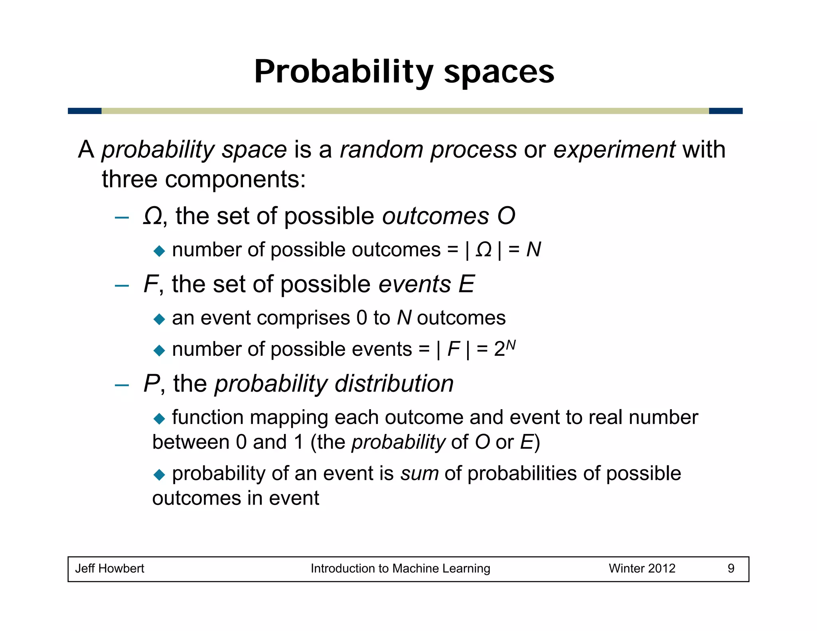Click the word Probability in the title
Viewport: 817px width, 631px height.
[343, 72]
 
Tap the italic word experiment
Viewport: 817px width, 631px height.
[614, 150]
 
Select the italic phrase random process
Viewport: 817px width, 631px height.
[428, 150]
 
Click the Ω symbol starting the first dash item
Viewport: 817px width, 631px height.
[152, 216]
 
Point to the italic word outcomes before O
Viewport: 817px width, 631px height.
[435, 216]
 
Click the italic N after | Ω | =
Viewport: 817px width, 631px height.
[533, 250]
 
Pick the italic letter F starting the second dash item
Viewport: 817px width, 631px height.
[150, 284]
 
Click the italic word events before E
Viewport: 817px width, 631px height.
[414, 284]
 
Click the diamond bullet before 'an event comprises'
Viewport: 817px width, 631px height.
[159, 319]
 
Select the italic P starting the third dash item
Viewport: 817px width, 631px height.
[151, 383]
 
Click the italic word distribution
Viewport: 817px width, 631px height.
[394, 383]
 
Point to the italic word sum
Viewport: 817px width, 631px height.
[420, 473]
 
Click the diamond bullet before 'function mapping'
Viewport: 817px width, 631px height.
[159, 418]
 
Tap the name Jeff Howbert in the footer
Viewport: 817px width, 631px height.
[110, 568]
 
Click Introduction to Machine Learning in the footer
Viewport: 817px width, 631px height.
[400, 568]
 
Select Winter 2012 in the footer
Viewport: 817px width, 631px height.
[641, 568]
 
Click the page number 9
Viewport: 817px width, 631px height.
[731, 568]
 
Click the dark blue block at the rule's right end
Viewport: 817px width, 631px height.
[725, 111]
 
